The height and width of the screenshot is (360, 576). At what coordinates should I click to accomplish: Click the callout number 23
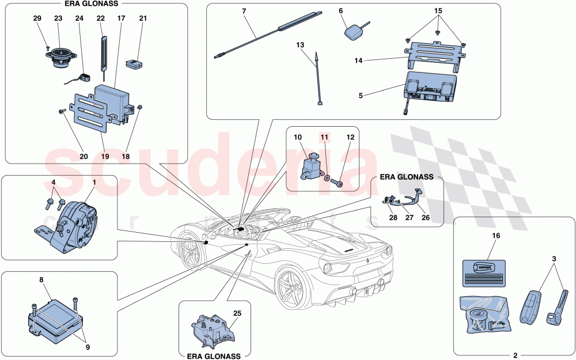[x=58, y=18]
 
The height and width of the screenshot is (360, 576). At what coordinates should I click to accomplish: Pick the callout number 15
[x=438, y=11]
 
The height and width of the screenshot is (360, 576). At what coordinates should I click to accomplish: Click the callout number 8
[x=41, y=279]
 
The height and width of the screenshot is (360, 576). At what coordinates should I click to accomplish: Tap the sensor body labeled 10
[x=310, y=168]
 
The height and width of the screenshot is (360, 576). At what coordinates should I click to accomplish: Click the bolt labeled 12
[x=339, y=184]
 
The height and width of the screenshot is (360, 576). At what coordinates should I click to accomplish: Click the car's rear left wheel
[x=289, y=287]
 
